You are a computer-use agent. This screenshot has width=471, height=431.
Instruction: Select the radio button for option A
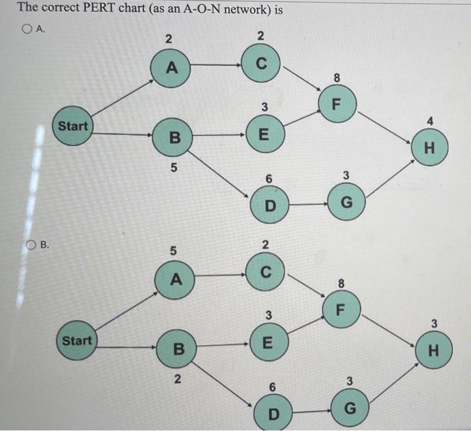(26, 29)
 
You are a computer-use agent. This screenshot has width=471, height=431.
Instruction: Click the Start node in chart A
(73, 126)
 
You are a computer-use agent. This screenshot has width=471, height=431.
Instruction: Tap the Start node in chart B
(77, 341)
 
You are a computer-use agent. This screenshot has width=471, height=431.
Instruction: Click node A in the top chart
(172, 67)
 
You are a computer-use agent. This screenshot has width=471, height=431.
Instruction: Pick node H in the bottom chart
(433, 350)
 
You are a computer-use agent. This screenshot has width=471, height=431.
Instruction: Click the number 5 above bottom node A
(173, 251)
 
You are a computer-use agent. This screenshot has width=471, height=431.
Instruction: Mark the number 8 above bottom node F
(341, 284)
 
